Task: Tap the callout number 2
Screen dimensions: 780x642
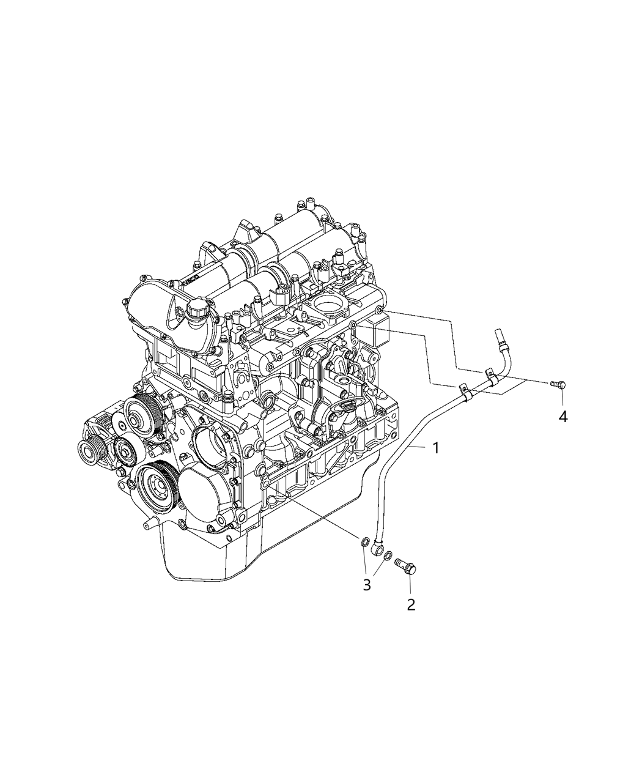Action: (411, 605)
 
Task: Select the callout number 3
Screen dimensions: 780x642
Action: (367, 585)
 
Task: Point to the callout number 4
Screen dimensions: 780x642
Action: (563, 417)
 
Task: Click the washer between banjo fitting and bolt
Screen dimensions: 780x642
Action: (388, 555)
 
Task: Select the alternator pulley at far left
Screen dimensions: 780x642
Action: (98, 455)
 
